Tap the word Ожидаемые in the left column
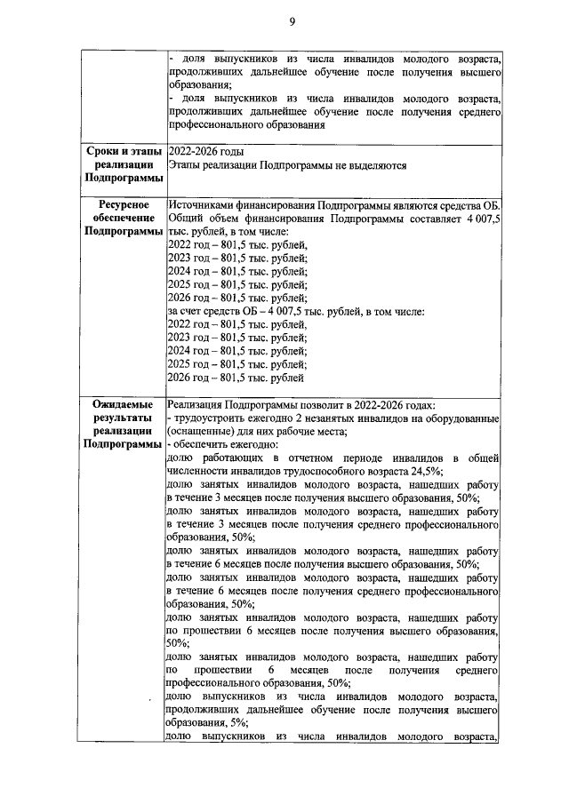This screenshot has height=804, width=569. coord(120,404)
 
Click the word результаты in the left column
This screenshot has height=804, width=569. coord(120,418)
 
